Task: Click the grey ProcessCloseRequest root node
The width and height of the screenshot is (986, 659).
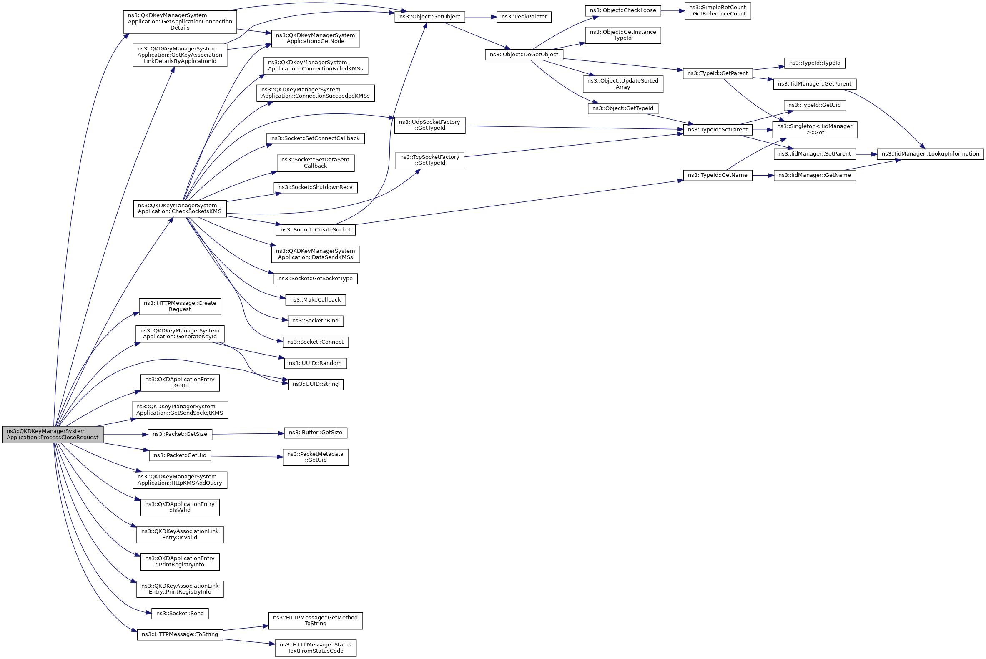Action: point(53,434)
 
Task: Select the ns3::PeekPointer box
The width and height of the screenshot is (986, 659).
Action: point(524,17)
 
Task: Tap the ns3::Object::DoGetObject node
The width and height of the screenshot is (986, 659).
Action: point(524,55)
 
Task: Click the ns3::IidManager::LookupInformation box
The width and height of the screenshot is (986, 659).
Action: point(930,154)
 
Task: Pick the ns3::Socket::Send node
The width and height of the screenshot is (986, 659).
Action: point(180,614)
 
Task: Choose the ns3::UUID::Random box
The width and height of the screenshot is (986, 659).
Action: point(315,363)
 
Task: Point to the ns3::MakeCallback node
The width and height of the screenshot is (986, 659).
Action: point(315,300)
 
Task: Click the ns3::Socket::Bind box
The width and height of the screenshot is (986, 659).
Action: point(315,321)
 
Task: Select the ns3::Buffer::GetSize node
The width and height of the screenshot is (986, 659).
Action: point(315,433)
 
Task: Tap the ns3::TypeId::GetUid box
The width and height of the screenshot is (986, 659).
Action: point(814,105)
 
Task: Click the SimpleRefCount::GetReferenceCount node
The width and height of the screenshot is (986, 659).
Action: point(718,10)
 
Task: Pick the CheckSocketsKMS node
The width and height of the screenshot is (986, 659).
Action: point(180,209)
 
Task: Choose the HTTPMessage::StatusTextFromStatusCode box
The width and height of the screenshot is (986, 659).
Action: point(315,648)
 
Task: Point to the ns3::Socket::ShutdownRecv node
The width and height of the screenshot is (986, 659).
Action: point(315,187)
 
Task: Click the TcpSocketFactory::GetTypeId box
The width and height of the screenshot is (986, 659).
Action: point(429,160)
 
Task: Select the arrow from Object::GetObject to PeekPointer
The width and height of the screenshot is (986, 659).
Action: point(481,17)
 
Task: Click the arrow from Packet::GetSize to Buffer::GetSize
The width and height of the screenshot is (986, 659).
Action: point(248,434)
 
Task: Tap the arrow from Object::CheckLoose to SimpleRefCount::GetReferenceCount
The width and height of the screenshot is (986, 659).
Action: point(672,11)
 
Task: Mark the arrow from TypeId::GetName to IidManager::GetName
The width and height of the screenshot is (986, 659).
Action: point(763,175)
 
